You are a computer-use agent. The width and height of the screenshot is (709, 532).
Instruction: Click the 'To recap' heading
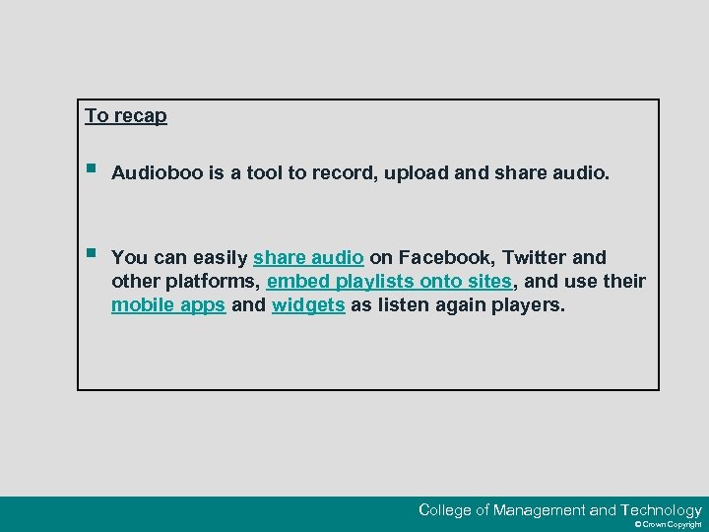point(126,115)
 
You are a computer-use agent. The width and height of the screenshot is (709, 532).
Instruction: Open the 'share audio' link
point(308,257)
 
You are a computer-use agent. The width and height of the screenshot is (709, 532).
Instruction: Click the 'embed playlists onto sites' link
point(390,282)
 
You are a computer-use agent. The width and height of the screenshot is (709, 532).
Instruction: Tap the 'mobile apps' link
point(168,305)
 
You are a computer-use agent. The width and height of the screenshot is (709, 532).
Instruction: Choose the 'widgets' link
point(308,305)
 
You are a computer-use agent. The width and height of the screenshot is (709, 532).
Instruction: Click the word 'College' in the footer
point(444,510)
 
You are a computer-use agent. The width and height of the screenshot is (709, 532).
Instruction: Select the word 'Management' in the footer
point(539,510)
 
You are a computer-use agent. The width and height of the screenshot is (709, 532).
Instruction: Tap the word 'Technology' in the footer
point(661,510)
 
